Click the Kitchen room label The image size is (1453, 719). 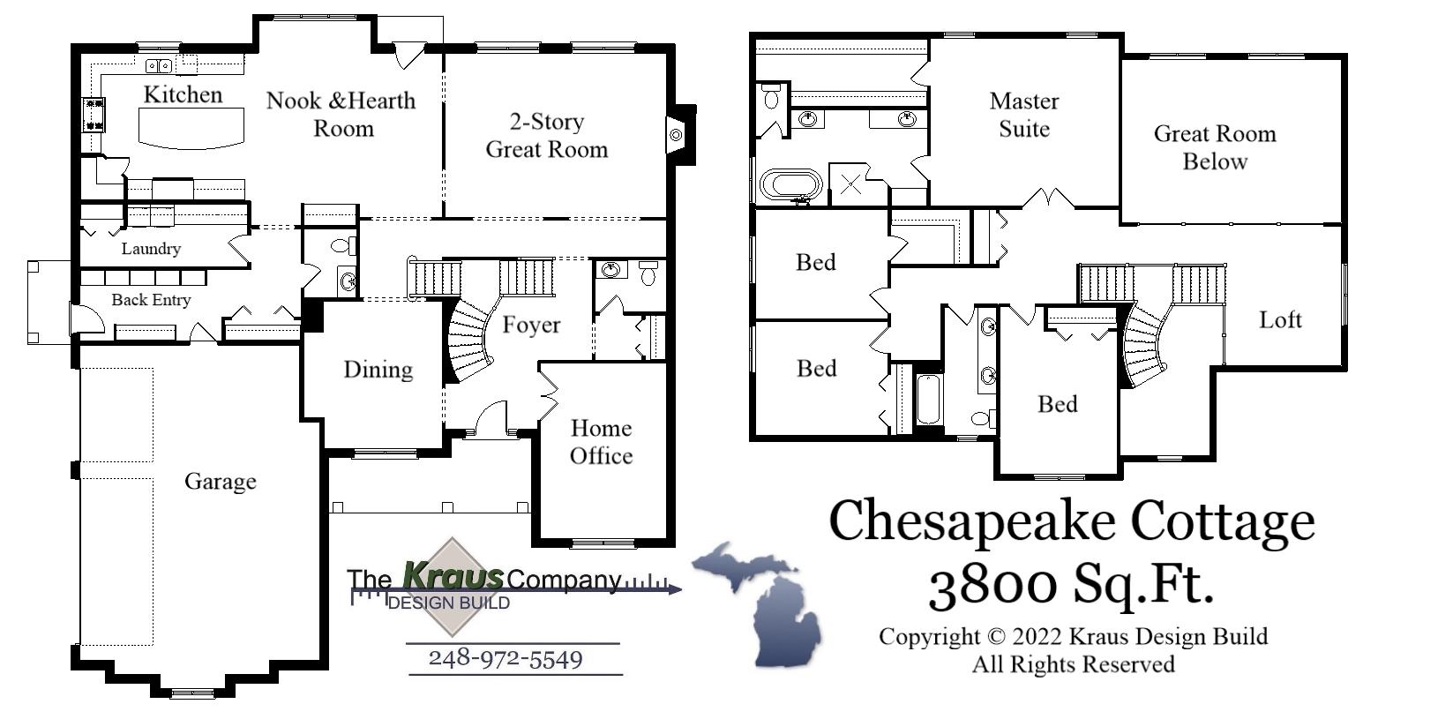pyautogui.click(x=183, y=94)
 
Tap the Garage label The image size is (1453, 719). pyautogui.click(x=220, y=482)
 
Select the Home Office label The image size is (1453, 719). pyautogui.click(x=601, y=442)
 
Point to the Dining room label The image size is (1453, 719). pyautogui.click(x=378, y=369)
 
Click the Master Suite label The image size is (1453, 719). pyautogui.click(x=1023, y=115)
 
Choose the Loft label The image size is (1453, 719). pyautogui.click(x=1279, y=319)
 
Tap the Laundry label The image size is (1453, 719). pyautogui.click(x=151, y=249)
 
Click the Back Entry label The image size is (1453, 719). pyautogui.click(x=151, y=300)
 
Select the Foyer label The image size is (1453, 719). pyautogui.click(x=531, y=325)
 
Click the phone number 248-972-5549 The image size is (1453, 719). pyautogui.click(x=506, y=659)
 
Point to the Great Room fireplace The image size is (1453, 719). pyautogui.click(x=677, y=134)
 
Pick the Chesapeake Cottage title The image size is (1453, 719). pyautogui.click(x=1071, y=521)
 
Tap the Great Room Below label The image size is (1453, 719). pyautogui.click(x=1215, y=147)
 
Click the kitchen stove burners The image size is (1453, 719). pyautogui.click(x=94, y=115)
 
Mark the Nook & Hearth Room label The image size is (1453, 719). pyautogui.click(x=342, y=114)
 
